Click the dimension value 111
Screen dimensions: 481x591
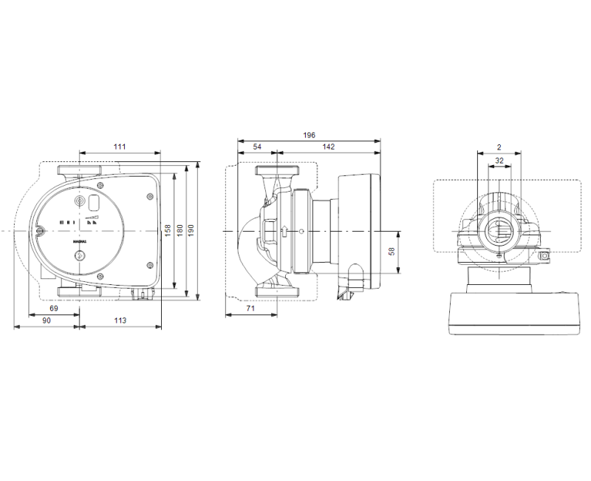tap(120, 147)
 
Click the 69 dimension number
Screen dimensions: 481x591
tap(54, 308)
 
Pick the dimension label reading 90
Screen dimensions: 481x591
tap(46, 320)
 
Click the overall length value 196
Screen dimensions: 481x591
tap(309, 135)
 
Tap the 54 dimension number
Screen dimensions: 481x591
tap(257, 147)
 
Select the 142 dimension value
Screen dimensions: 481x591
tap(329, 147)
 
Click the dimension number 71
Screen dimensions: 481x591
tap(250, 309)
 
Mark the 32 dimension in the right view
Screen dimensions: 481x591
tap(499, 161)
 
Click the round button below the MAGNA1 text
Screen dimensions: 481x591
tap(80, 257)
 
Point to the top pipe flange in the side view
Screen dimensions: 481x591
tap(276, 172)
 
